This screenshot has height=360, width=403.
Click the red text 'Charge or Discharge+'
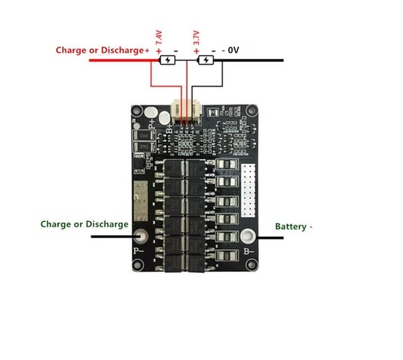tap(103, 51)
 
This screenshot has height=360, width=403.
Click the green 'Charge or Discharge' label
tap(84, 224)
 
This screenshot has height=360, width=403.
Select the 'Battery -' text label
tap(294, 227)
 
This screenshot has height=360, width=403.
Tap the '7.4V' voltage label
tap(159, 38)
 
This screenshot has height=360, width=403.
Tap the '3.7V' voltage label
tap(197, 38)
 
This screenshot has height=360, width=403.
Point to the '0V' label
tap(233, 51)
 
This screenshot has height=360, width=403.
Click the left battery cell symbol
tap(168, 61)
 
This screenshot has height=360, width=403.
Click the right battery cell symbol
tap(206, 61)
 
